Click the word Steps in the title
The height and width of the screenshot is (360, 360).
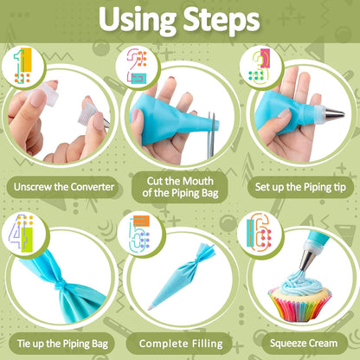pyautogui.click(x=222, y=19)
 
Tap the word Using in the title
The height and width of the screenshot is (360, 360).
pyautogui.click(x=138, y=20)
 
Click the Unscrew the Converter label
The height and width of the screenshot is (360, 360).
pyautogui.click(x=64, y=187)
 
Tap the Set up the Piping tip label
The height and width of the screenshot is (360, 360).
pyautogui.click(x=300, y=187)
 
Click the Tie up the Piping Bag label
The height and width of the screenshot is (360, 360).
pyautogui.click(x=62, y=344)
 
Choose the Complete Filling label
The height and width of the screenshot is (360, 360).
pyautogui.click(x=181, y=344)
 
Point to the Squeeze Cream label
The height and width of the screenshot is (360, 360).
pyautogui.click(x=304, y=344)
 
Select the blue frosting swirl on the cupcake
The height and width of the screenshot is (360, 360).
pyautogui.click(x=301, y=283)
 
